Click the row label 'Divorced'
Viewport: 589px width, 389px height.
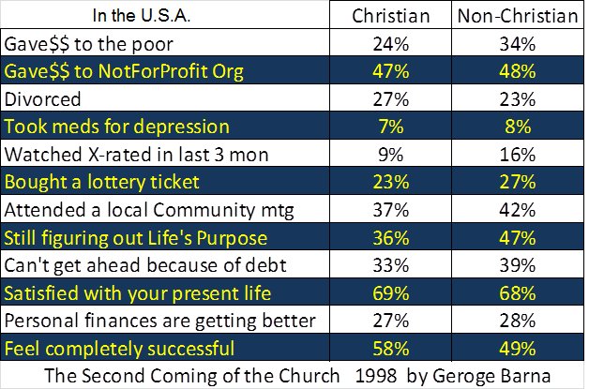tap(43, 98)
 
